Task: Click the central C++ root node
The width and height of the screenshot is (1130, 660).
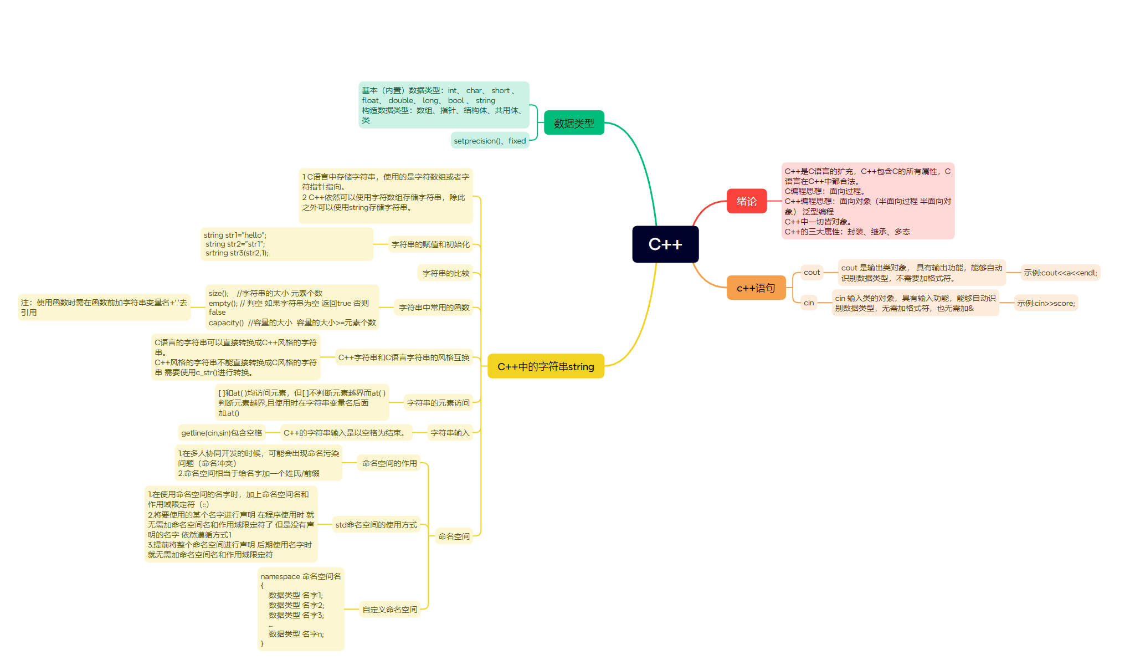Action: [x=665, y=244]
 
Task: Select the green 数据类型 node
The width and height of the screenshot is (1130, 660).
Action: [x=574, y=123]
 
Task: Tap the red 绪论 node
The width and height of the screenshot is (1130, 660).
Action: [x=747, y=201]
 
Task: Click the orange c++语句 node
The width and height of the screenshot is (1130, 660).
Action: [x=756, y=288]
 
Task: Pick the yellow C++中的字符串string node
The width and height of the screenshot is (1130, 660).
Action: [x=546, y=366]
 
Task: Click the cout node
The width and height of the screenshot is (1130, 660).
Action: [x=811, y=272]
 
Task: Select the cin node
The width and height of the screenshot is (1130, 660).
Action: [x=809, y=303]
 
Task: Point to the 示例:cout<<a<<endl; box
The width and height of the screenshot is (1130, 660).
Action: [x=1060, y=273]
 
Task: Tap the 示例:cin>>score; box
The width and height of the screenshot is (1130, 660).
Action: [x=1046, y=303]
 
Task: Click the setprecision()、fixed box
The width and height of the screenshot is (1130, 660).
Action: [x=490, y=141]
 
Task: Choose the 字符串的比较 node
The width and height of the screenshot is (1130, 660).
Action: [x=446, y=273]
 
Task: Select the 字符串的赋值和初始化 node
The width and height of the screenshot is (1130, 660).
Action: [x=430, y=244]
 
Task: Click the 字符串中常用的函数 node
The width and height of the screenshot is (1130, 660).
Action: [x=434, y=308]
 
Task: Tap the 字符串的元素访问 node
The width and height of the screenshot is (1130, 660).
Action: [x=438, y=403]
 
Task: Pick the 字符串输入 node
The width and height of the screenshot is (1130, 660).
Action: [x=450, y=433]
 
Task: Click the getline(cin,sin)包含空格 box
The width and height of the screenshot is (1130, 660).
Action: [x=222, y=433]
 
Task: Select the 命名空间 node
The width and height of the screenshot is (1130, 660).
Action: [x=454, y=536]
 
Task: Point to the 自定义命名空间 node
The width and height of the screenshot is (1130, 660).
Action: [x=389, y=610]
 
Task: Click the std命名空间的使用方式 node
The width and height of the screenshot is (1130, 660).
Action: [x=376, y=525]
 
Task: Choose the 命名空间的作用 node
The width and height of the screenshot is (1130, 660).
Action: [x=389, y=463]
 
